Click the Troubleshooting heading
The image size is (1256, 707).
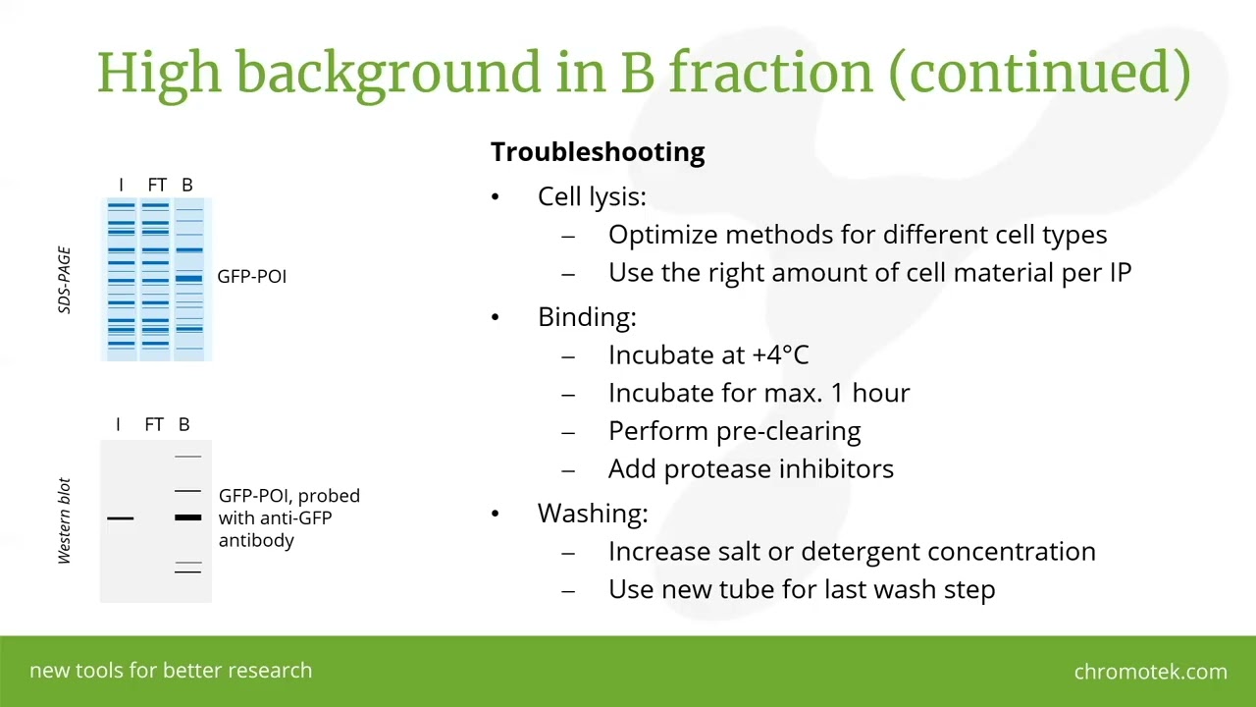click(x=597, y=152)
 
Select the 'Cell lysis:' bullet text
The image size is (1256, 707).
click(x=592, y=196)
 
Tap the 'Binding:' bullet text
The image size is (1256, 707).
click(x=587, y=317)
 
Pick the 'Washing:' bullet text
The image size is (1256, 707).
click(x=593, y=514)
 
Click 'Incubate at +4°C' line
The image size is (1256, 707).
click(x=707, y=355)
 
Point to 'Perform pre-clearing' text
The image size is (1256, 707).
click(x=734, y=431)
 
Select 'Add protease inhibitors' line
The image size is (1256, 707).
click(x=751, y=469)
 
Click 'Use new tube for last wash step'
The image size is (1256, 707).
click(x=801, y=589)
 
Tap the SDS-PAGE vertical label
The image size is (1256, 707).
click(x=65, y=280)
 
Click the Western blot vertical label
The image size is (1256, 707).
click(x=65, y=520)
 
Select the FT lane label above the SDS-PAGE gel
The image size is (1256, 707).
click(x=157, y=185)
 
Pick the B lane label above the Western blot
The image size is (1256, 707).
click(x=183, y=424)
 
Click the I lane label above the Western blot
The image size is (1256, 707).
click(x=118, y=424)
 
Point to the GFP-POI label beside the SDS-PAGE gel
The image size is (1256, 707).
click(x=251, y=277)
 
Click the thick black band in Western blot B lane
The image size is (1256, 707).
click(x=187, y=517)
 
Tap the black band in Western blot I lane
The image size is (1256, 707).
click(x=120, y=517)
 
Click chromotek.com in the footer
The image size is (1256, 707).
click(x=1150, y=672)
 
